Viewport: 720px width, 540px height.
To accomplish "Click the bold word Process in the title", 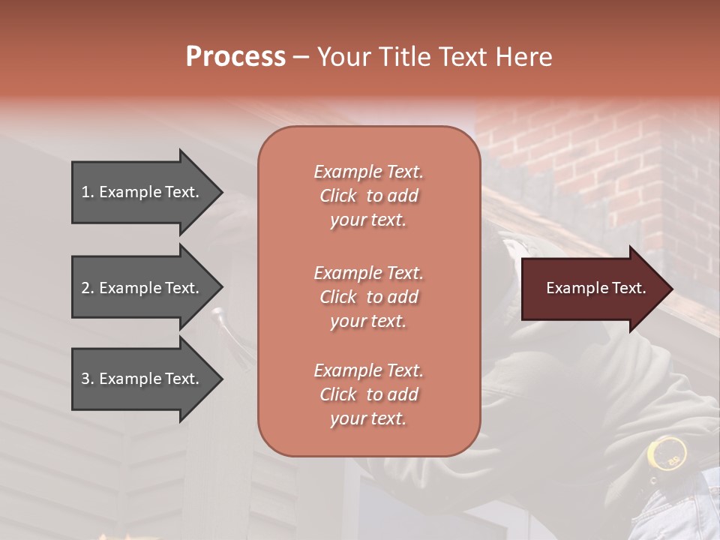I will pyautogui.click(x=235, y=57).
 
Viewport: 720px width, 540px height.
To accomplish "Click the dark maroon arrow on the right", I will pyautogui.click(x=592, y=288).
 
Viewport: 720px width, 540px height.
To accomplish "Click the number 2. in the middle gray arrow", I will pyautogui.click(x=88, y=288).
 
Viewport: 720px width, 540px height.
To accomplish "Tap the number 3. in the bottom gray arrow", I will pyautogui.click(x=88, y=379).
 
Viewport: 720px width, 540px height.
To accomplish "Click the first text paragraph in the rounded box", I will pyautogui.click(x=368, y=196).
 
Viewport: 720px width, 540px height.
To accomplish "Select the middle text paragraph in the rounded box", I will pyautogui.click(x=368, y=297).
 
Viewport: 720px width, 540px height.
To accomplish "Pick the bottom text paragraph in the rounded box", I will pyautogui.click(x=368, y=394).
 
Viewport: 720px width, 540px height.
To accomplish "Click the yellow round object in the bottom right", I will pyautogui.click(x=666, y=452).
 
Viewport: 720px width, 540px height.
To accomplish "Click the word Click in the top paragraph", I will pyautogui.click(x=338, y=196).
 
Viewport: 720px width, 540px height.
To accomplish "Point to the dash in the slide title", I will pyautogui.click(x=301, y=58).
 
